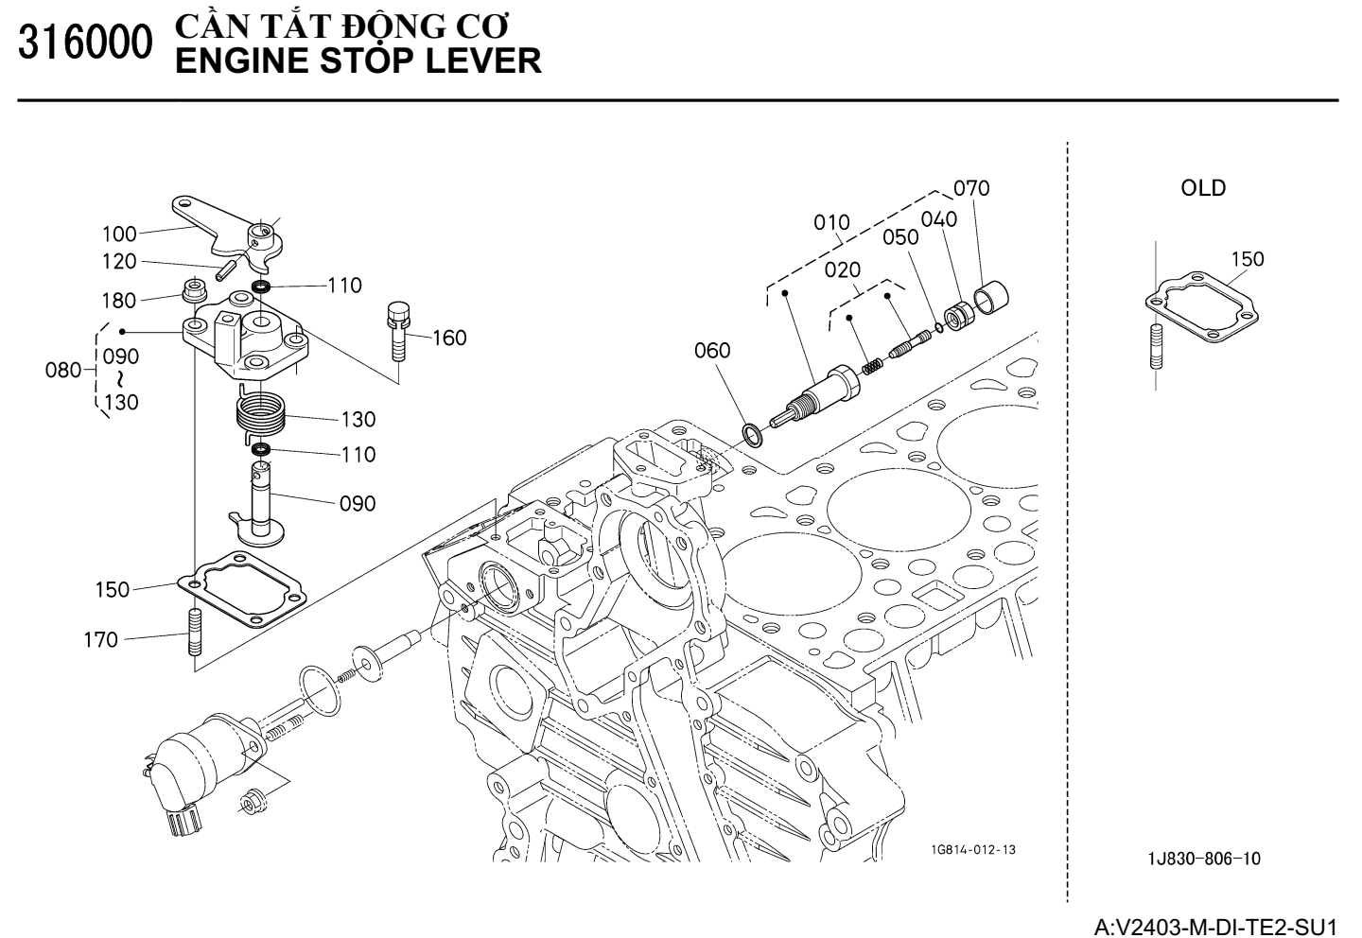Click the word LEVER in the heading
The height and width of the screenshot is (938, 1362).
pyautogui.click(x=482, y=61)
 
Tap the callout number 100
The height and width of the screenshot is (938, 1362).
pyautogui.click(x=120, y=234)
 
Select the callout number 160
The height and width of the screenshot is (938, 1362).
pyautogui.click(x=449, y=338)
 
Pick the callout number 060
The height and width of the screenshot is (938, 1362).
pyautogui.click(x=712, y=351)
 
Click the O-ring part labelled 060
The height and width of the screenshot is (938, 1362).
pyautogui.click(x=753, y=435)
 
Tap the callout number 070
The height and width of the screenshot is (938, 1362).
pyautogui.click(x=971, y=188)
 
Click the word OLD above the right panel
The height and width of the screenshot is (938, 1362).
pyautogui.click(x=1203, y=188)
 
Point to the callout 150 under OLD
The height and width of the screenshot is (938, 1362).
pyautogui.click(x=1247, y=259)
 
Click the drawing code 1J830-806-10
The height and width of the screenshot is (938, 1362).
pyautogui.click(x=1204, y=859)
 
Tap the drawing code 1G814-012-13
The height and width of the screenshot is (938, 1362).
pyautogui.click(x=973, y=849)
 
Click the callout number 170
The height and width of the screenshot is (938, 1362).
pyautogui.click(x=101, y=640)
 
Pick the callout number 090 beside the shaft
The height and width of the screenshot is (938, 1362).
pyautogui.click(x=358, y=503)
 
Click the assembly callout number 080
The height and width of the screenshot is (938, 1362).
pyautogui.click(x=63, y=370)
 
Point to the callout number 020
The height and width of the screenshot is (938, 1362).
pyautogui.click(x=842, y=269)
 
